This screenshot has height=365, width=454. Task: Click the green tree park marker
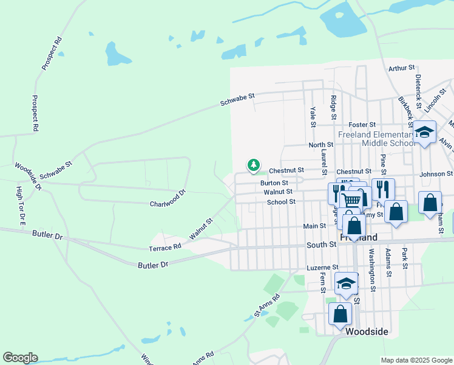click(x=253, y=165)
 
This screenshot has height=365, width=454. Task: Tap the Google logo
click(x=20, y=358)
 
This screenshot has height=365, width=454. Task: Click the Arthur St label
click(x=401, y=68)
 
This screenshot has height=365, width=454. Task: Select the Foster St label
click(x=362, y=125)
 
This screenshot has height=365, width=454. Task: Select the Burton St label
click(x=274, y=182)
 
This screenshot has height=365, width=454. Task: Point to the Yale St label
click(x=313, y=116)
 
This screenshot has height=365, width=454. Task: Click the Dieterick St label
click(x=418, y=88)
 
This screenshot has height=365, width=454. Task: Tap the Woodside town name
click(x=367, y=332)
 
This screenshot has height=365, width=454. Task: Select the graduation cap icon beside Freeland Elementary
click(x=425, y=132)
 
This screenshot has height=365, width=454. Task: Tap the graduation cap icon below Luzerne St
click(x=346, y=283)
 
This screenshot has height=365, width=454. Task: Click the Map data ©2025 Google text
click(x=416, y=360)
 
